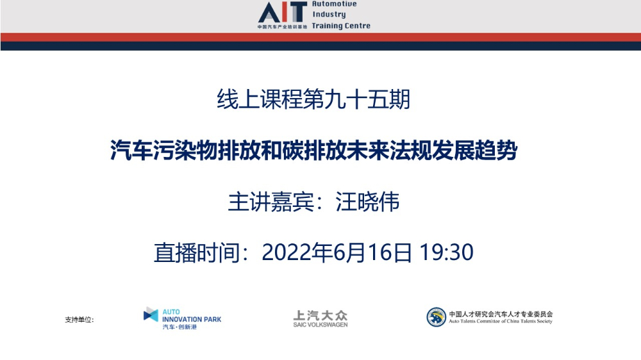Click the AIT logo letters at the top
coord(283,12)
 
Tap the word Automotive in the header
coord(335,4)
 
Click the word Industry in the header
coord(329,14)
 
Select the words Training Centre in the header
coord(341,26)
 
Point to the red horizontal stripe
coord(320,37)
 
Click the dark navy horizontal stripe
coord(320,46)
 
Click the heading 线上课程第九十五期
coord(313,99)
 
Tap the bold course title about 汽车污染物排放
coord(313,150)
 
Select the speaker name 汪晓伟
coord(367,201)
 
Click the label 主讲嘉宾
coord(271,201)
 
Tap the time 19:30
coord(446,252)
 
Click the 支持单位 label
coord(78,320)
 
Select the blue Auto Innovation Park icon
coord(151,315)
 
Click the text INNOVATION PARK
coord(192,319)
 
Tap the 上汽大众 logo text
coord(320,315)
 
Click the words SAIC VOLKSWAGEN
coord(320,325)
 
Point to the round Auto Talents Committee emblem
coord(436,317)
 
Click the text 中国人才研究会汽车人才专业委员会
coord(501,314)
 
